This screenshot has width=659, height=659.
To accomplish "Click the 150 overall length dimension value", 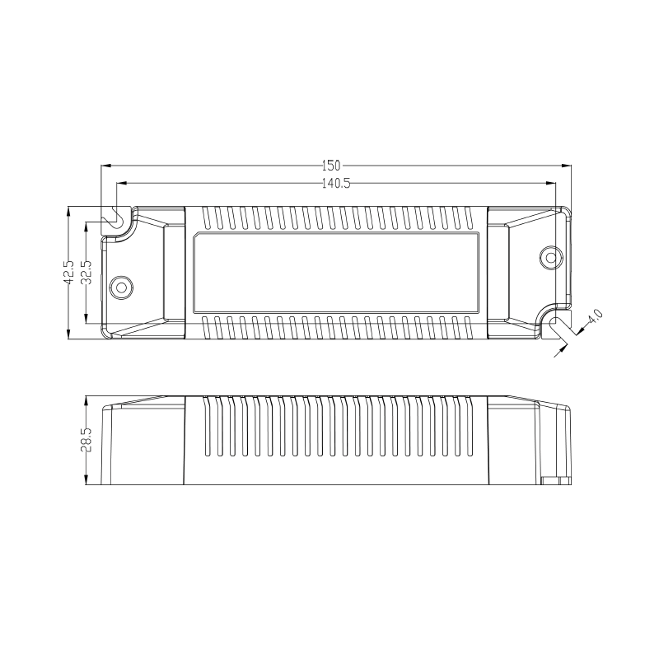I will coord(331,166).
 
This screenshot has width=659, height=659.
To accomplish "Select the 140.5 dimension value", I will coord(336,184).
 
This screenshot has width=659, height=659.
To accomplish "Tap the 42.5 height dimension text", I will coord(69,272).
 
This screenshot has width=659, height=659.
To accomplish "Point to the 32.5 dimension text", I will coord(86,272).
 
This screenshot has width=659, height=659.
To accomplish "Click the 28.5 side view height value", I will coord(86,440).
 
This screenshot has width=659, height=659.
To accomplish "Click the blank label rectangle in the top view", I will coord(336,273).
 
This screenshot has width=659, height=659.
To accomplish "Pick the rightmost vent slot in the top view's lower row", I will coord(466,327).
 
